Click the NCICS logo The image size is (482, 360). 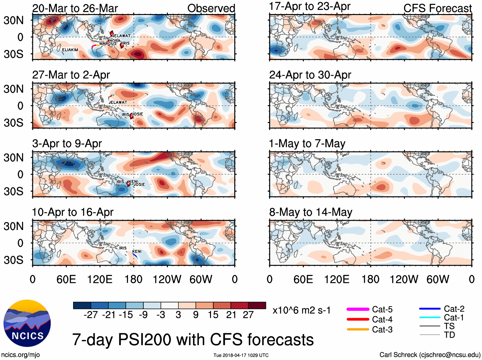27,323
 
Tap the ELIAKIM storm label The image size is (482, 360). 70,50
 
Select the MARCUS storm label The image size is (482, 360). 108,43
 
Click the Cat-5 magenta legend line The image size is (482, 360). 358,309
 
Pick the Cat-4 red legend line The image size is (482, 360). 358,319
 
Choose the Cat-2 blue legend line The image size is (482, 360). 430,309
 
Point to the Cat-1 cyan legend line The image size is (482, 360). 430,318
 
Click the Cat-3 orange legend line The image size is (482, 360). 358,329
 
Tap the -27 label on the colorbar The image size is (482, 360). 91,315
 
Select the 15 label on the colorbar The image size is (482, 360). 213,315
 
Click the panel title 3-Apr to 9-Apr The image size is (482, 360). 67,144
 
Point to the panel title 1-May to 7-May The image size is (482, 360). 307,144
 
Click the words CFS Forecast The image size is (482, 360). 437,9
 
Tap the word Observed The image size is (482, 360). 211,9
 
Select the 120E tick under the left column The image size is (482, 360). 100,280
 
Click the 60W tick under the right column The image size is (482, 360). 438,280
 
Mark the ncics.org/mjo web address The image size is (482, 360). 20,355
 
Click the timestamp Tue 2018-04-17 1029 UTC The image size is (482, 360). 241,355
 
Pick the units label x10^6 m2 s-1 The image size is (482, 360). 302,310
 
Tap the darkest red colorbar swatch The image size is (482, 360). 257,305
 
